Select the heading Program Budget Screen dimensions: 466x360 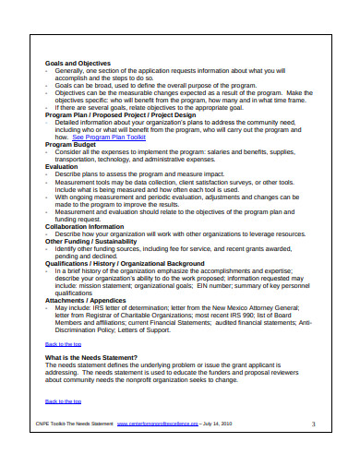pyautogui.click(x=72, y=145)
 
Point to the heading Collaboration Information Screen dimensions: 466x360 pyautogui.click(x=84, y=226)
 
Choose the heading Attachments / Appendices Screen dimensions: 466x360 pyautogui.click(x=86, y=301)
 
